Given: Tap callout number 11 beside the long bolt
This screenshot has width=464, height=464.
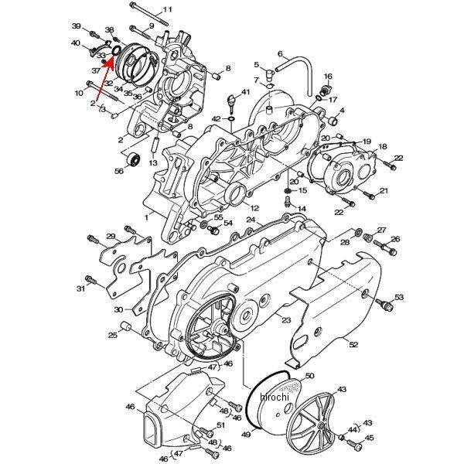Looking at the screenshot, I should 168,10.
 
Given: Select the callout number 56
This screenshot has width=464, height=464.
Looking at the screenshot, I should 120,171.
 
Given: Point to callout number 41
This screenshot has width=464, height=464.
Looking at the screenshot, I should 245,93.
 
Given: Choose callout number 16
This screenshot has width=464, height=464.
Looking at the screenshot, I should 328,77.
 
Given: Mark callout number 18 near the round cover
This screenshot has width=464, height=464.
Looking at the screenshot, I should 382,146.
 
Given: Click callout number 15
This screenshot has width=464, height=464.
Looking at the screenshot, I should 302,190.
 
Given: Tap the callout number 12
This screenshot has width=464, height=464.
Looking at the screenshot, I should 254,207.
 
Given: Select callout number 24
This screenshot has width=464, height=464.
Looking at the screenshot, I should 251,220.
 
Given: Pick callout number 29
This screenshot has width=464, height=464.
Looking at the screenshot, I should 111,237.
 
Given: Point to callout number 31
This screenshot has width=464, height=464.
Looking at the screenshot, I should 80,288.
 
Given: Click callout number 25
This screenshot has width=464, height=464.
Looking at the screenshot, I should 113,335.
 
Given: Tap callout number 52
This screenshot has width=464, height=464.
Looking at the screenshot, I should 353,344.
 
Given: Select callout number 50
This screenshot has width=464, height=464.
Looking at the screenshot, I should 309,377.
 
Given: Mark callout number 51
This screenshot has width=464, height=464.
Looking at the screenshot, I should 220,425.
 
